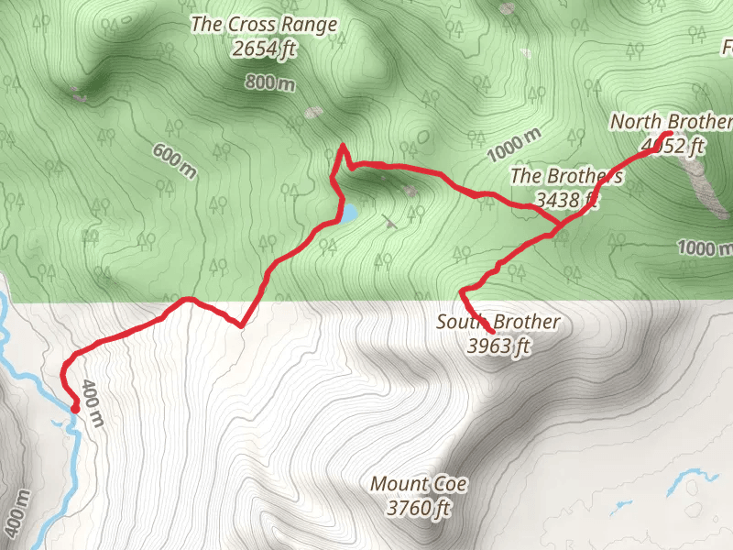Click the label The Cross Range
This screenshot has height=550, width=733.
[x=264, y=25]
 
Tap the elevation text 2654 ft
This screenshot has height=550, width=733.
[x=264, y=49]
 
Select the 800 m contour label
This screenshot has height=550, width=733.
[x=271, y=84]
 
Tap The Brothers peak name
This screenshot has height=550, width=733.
[x=566, y=175]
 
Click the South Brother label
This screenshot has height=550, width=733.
[x=498, y=322]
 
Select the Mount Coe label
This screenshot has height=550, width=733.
[x=420, y=483]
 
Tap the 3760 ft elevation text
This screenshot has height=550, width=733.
[x=420, y=507]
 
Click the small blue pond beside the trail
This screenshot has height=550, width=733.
[x=349, y=214]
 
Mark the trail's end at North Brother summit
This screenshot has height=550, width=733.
[x=669, y=135]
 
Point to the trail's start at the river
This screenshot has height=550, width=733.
[x=73, y=409]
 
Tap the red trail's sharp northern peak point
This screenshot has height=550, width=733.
[x=343, y=146]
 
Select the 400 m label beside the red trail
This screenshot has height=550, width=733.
[x=92, y=402]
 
